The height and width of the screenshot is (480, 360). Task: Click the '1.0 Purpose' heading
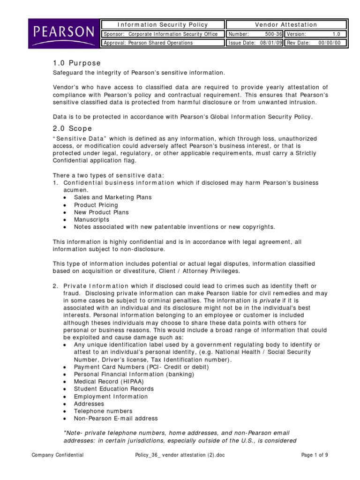[x=76, y=63]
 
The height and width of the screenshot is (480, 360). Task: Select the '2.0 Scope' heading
[x=72, y=128]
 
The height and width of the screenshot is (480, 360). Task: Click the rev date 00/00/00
[x=333, y=43]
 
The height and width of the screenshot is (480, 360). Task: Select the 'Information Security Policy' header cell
[x=162, y=25]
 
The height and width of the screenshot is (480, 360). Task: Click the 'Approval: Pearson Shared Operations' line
[x=148, y=43]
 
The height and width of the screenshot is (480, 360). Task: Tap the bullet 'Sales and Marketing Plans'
[x=112, y=197]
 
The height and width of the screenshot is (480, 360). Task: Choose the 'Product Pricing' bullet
[x=96, y=205]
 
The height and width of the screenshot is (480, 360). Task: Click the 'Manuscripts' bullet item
[x=91, y=219]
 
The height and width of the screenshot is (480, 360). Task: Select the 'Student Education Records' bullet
[x=113, y=389]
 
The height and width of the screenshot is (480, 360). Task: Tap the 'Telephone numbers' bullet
[x=103, y=411]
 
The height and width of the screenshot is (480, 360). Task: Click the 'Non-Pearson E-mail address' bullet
[x=115, y=418]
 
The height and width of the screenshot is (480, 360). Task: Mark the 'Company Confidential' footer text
[x=58, y=455]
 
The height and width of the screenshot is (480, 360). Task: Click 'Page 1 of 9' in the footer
[x=315, y=455]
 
